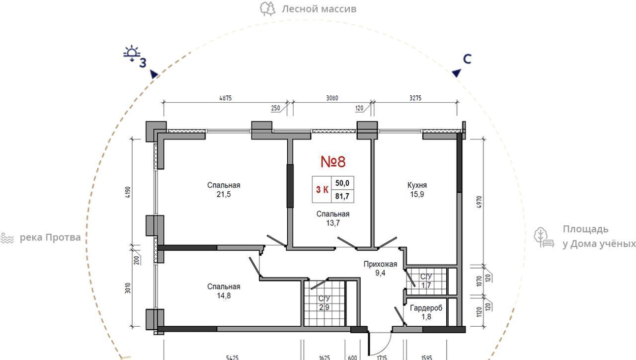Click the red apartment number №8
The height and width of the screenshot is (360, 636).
(333, 162)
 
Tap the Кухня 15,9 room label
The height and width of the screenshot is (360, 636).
(417, 190)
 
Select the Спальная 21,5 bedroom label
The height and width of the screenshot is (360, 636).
(224, 190)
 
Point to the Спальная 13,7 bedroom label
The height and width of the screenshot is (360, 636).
(333, 218)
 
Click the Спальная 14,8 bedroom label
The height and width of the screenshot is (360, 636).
(224, 291)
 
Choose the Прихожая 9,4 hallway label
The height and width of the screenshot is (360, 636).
(380, 268)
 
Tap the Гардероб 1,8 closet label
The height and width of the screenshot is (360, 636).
(426, 312)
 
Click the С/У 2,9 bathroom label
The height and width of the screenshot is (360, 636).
(324, 303)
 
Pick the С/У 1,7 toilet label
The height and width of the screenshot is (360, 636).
(426, 281)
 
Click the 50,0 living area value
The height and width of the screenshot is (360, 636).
(342, 183)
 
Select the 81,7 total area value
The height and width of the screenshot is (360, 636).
(342, 196)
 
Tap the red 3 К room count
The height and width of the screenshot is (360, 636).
(322, 190)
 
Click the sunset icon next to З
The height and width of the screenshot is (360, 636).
(132, 53)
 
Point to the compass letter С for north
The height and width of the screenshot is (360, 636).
(467, 59)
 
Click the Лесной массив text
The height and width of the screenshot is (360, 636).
(319, 9)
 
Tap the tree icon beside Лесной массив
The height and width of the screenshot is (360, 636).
(267, 9)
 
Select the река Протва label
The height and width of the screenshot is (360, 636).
(50, 237)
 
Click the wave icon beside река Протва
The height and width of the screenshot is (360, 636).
(7, 238)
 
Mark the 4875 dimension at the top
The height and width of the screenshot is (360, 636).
(226, 98)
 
